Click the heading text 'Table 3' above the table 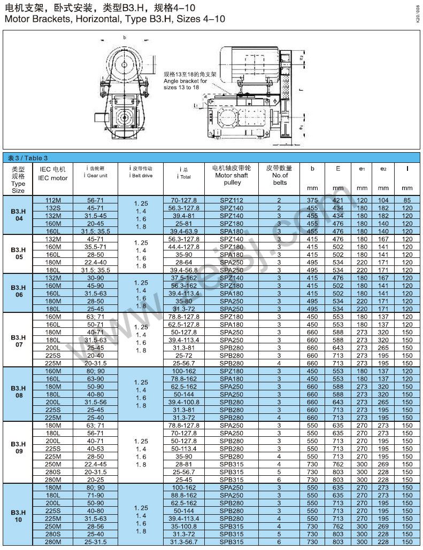click(28, 158)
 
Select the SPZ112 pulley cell click(231, 200)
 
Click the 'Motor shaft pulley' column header click(231, 175)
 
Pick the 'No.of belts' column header click(279, 175)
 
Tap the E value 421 click(338, 200)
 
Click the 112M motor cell click(53, 200)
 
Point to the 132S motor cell click(53, 208)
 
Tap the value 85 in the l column click(407, 200)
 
